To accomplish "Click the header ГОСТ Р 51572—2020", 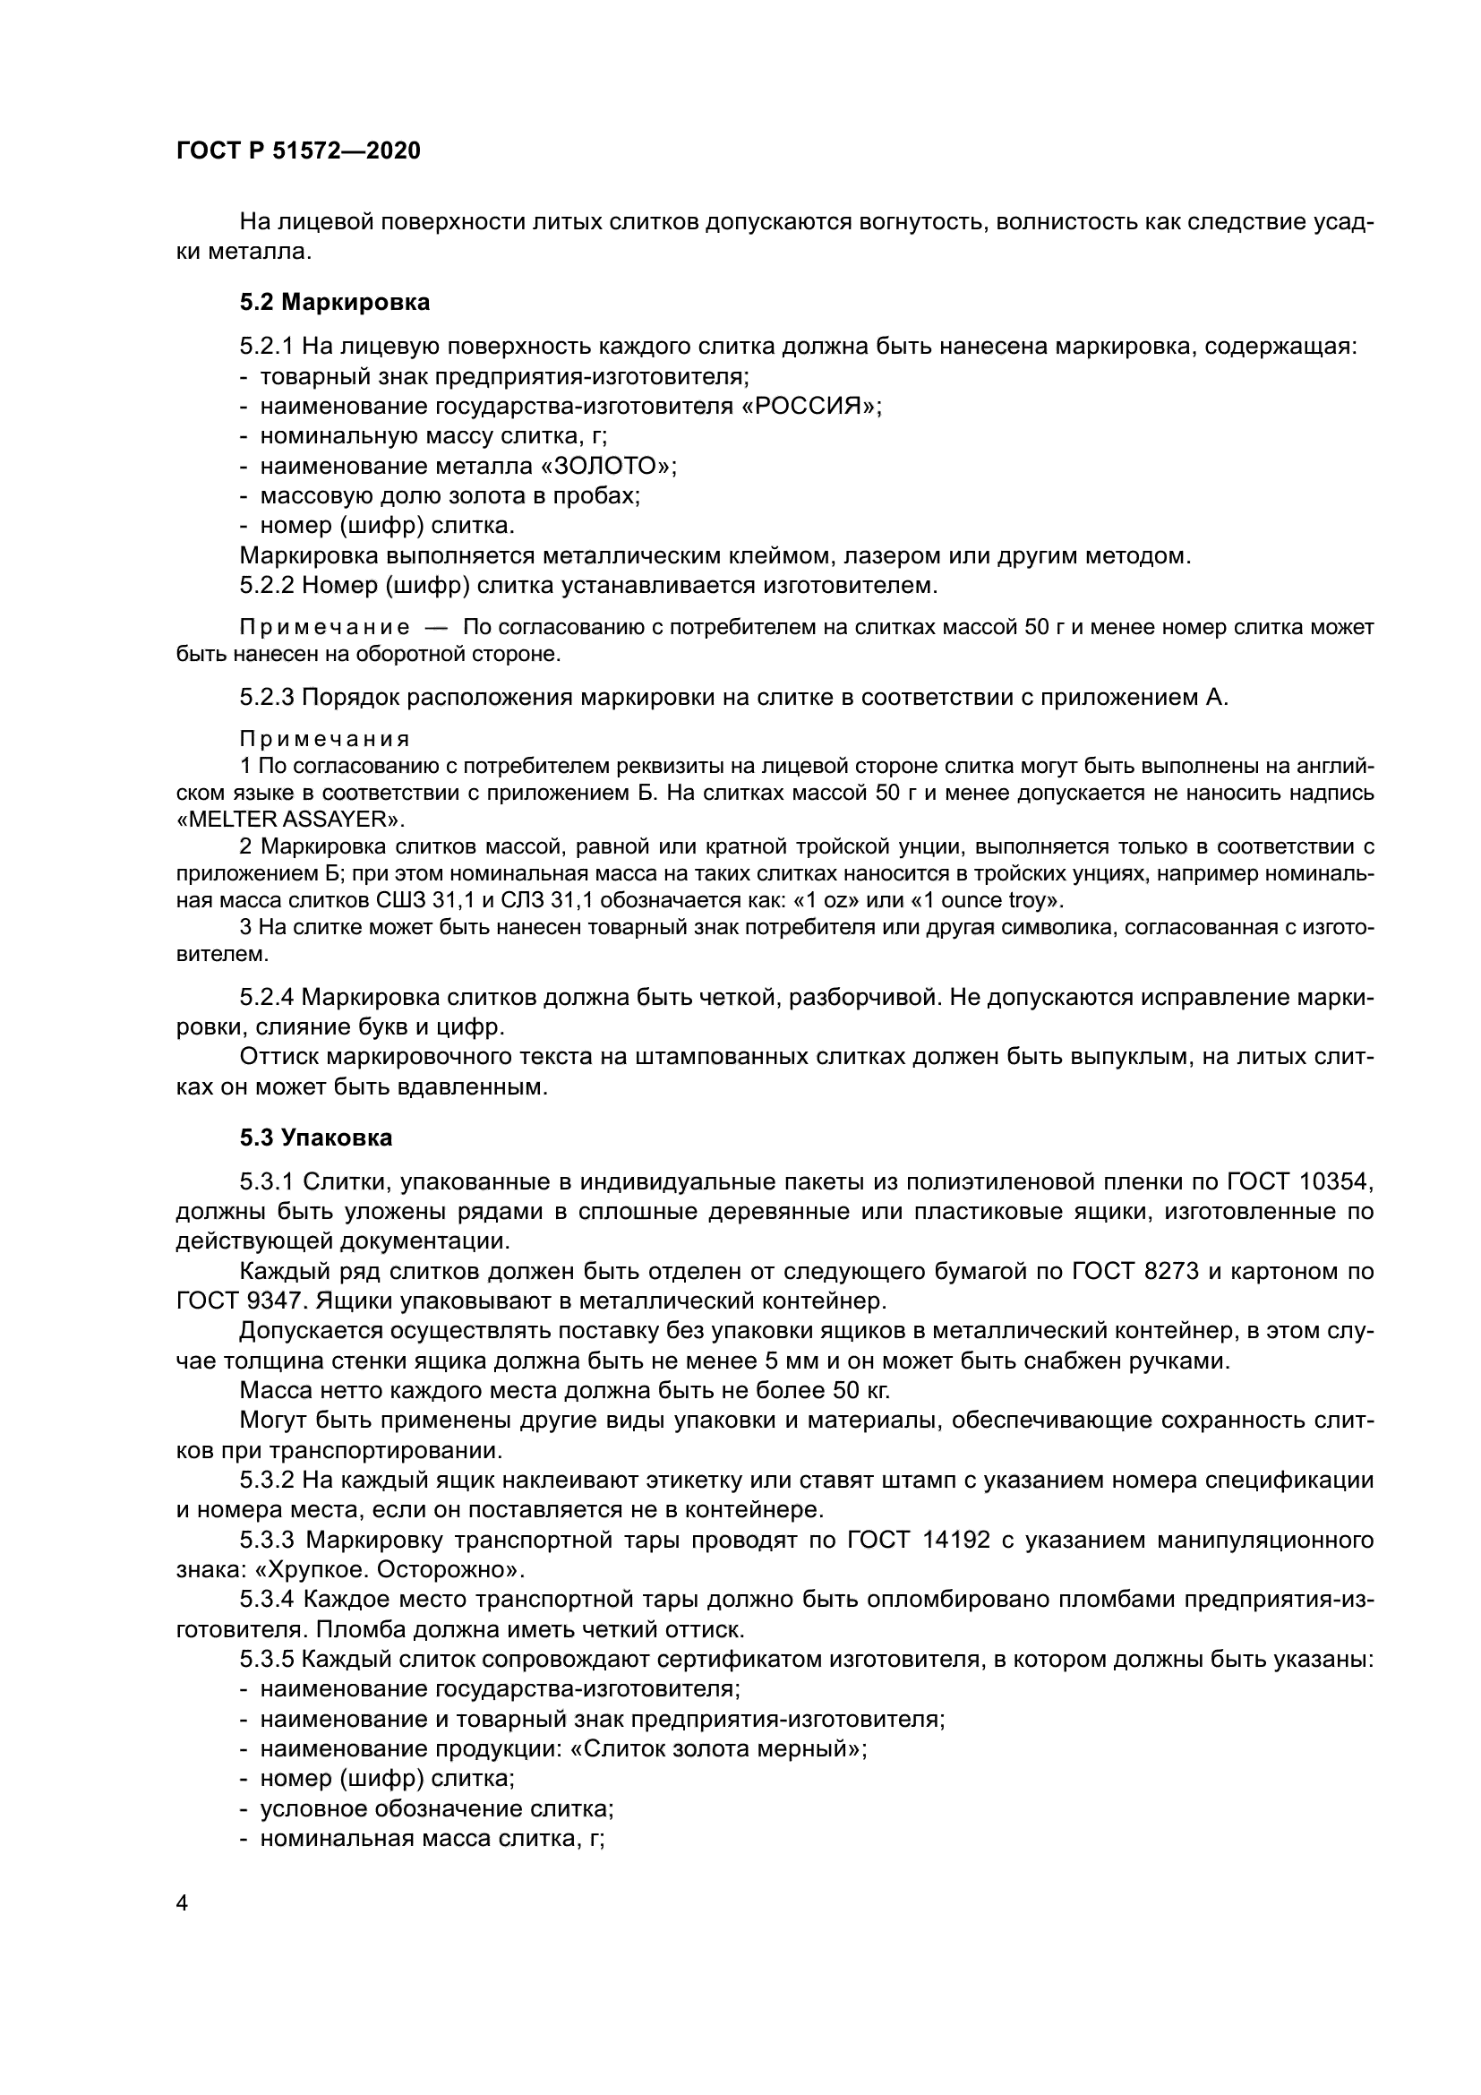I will [298, 151].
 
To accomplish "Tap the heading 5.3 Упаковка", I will [315, 1138].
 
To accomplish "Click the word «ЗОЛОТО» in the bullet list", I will [606, 467].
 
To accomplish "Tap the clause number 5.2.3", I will [266, 697].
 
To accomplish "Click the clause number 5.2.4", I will [266, 997].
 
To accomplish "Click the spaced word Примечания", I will [325, 738].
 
